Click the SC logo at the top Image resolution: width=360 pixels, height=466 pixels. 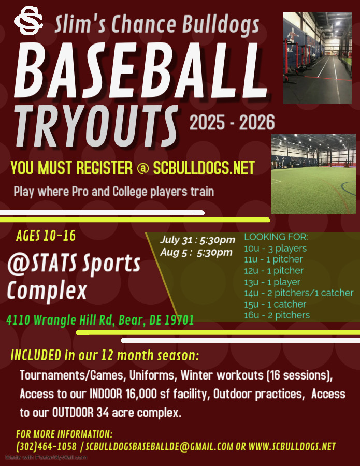point(28,20)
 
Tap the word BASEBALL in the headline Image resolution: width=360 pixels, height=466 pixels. point(140,71)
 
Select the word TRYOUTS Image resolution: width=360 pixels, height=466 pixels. point(97,126)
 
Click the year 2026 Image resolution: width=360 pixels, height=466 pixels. point(257,122)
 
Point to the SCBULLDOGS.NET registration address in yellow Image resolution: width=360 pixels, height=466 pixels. point(204,168)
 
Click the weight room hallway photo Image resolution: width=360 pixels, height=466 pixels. point(317,58)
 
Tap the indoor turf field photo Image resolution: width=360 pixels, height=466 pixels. point(313,173)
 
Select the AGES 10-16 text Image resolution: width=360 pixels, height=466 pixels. point(46,236)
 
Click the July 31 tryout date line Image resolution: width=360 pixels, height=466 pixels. point(197,240)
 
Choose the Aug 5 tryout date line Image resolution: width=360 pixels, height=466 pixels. point(196,252)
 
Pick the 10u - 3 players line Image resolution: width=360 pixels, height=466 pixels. point(275,249)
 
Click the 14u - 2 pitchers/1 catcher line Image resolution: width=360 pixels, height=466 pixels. point(299,293)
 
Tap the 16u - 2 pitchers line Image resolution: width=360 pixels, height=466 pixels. point(277,315)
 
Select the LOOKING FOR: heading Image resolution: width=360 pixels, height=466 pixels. point(276,237)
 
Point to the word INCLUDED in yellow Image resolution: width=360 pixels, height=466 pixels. point(36,355)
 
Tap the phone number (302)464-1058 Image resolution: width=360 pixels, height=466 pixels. point(47,446)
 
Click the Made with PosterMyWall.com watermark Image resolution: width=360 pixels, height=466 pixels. point(46,457)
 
